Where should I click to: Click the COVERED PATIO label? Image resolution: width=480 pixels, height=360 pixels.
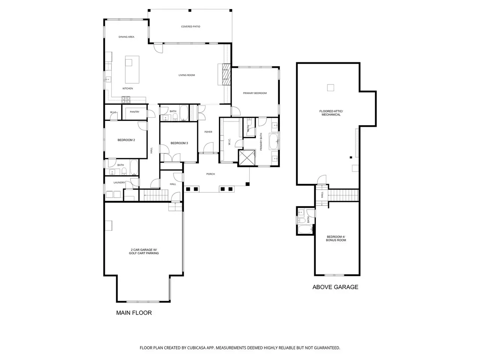tap(190, 27)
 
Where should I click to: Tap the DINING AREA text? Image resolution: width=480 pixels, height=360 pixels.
tap(126, 37)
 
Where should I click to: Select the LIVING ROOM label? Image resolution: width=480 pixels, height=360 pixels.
tap(186, 75)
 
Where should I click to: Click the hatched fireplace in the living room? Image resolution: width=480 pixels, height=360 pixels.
tap(226, 74)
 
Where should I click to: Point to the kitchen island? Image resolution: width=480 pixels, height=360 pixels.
tap(132, 69)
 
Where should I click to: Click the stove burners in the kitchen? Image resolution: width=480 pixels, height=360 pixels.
tap(126, 99)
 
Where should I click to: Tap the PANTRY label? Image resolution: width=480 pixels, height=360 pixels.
tap(135, 112)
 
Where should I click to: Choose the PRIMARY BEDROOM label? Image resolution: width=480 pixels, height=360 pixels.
tap(255, 93)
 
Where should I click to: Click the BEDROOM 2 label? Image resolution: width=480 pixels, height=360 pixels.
tap(126, 140)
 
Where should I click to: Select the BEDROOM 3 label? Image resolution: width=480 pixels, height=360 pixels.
tap(179, 143)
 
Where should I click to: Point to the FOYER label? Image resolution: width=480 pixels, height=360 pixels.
tap(208, 132)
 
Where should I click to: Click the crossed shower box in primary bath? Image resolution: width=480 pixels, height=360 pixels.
tap(247, 157)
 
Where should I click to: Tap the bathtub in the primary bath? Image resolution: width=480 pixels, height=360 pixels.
tap(273, 141)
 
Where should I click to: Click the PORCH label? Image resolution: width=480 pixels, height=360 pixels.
tap(210, 174)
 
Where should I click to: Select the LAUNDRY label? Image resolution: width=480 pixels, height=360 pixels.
tap(119, 183)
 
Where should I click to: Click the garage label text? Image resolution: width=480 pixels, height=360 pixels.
tap(144, 251)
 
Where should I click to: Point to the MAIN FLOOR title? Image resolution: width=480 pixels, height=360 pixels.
tap(134, 313)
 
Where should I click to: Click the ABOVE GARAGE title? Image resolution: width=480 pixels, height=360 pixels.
tap(335, 287)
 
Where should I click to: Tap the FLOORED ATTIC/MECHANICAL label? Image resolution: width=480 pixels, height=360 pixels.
tap(331, 113)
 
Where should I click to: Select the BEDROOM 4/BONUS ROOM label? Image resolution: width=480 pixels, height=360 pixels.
tap(336, 238)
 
